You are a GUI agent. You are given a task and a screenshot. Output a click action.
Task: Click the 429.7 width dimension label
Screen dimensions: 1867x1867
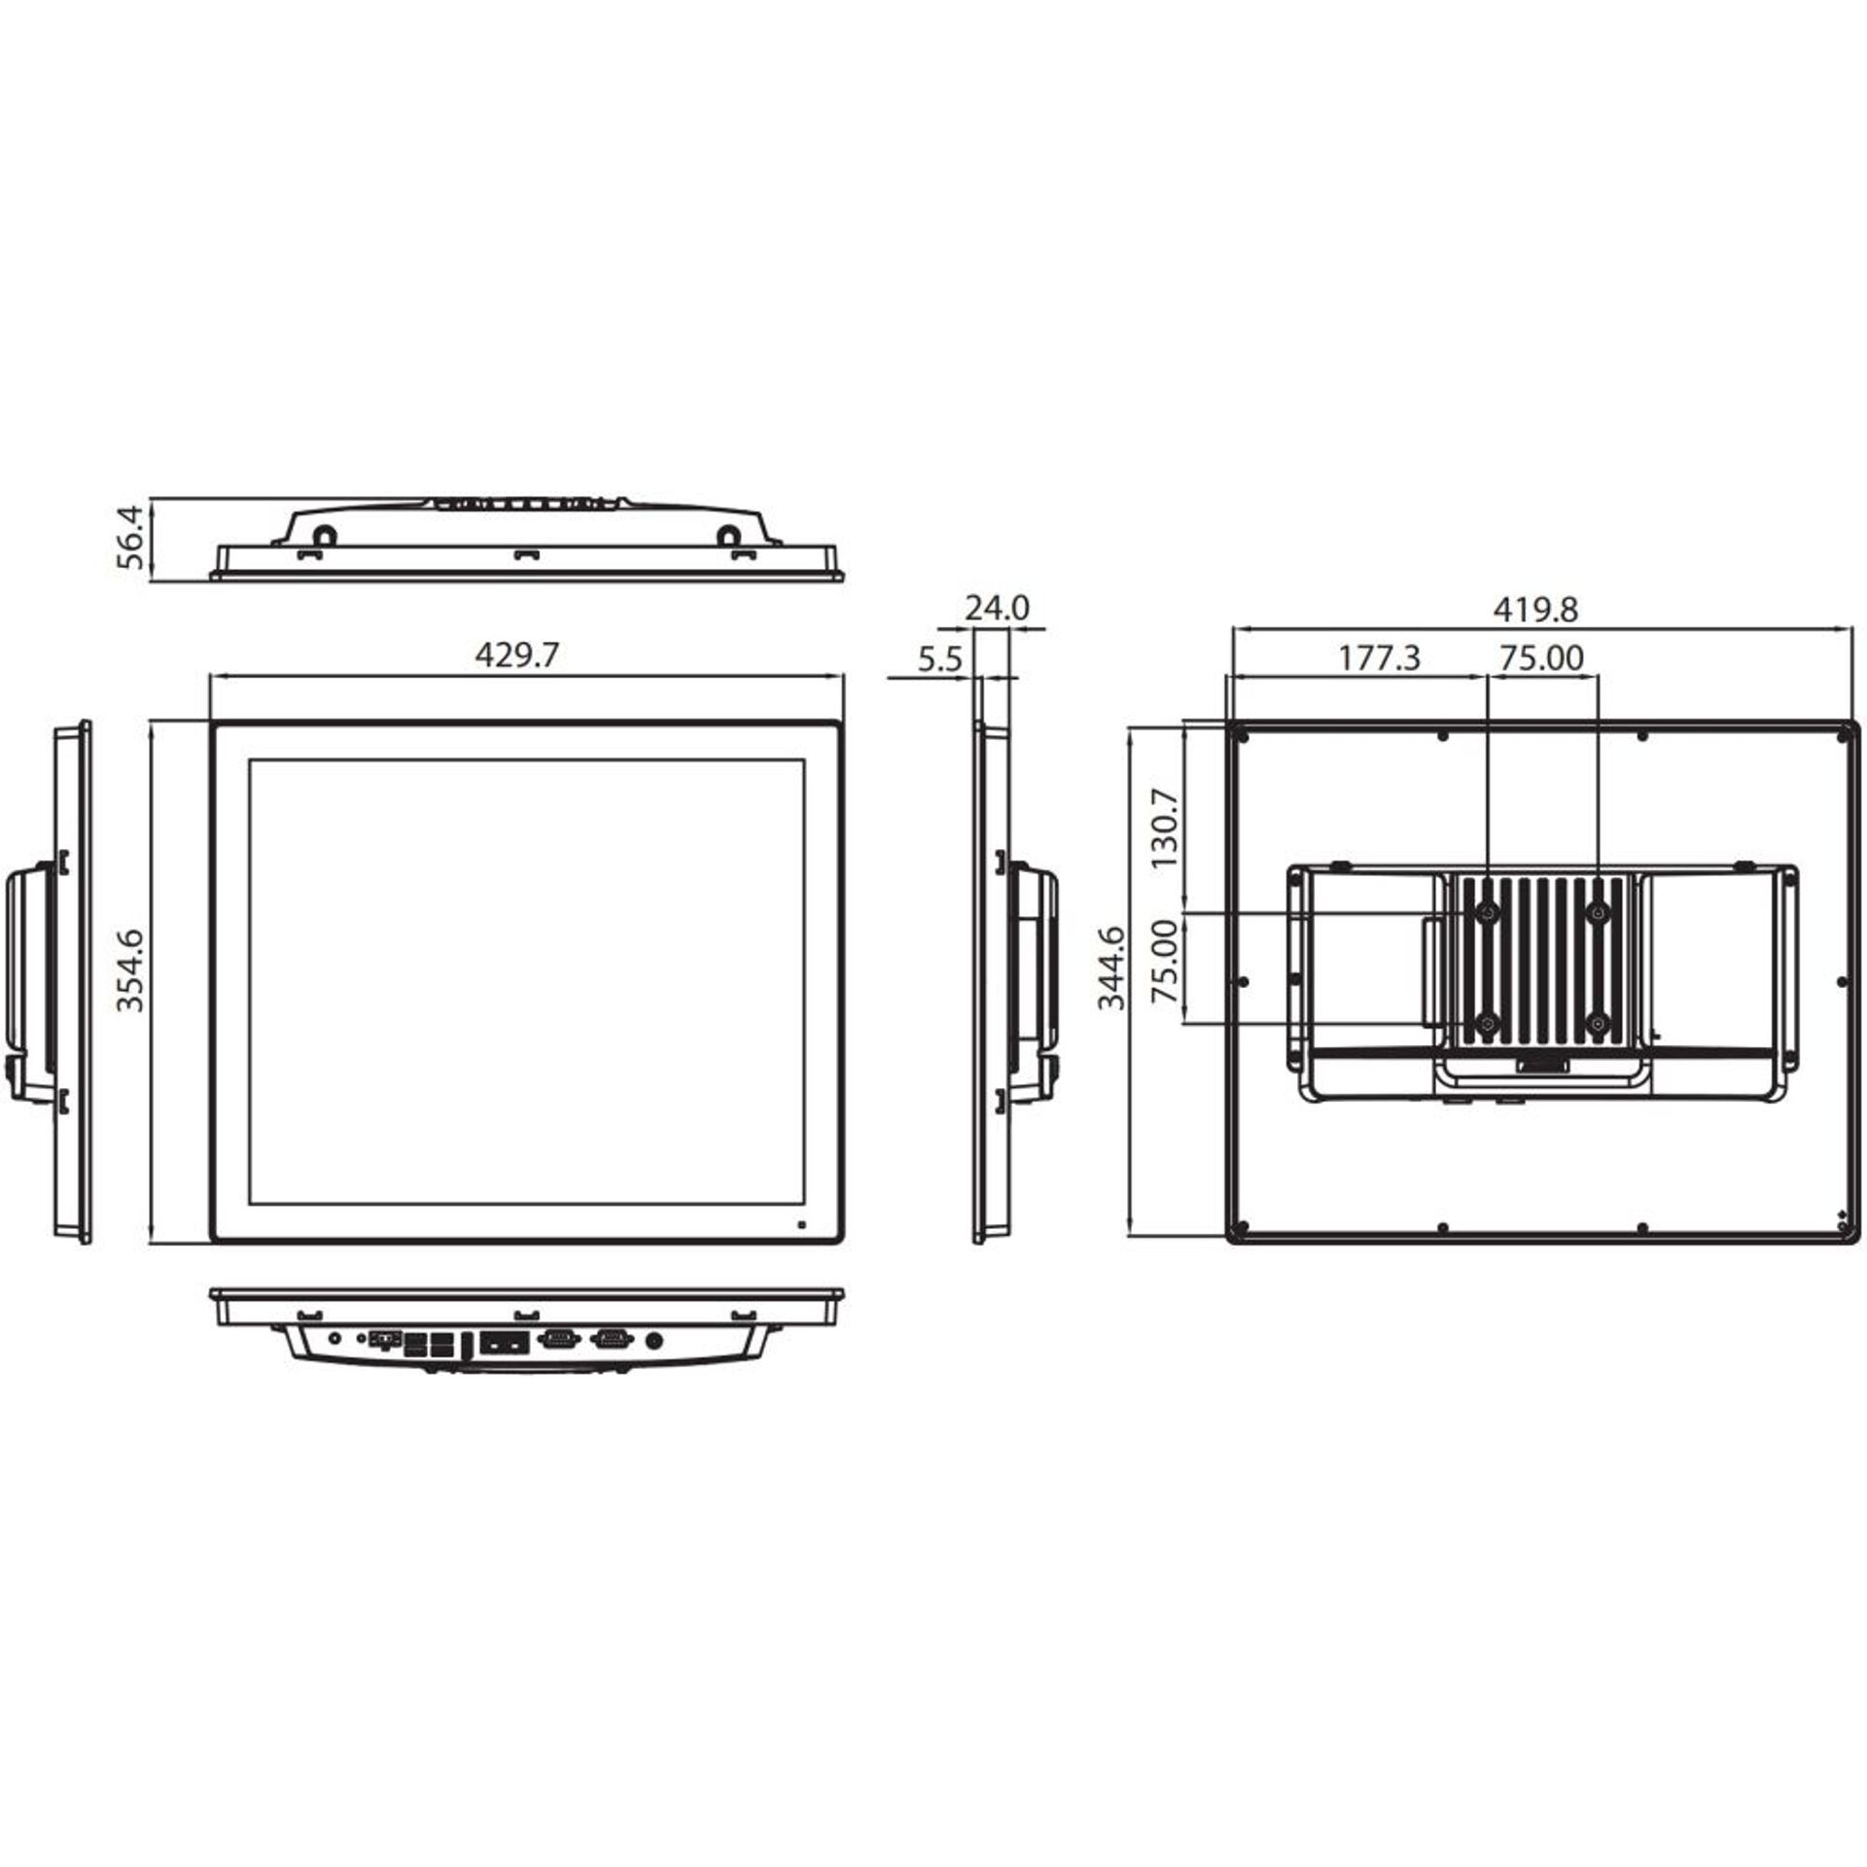[x=516, y=655]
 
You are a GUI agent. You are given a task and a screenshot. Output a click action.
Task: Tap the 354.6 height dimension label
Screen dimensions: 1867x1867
[x=129, y=969]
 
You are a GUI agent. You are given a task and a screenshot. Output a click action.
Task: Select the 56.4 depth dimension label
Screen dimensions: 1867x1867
[x=129, y=537]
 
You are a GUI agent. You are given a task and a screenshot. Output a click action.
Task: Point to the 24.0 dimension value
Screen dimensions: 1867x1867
[x=997, y=608]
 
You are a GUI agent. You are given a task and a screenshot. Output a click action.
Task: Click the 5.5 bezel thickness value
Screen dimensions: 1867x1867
[x=938, y=660]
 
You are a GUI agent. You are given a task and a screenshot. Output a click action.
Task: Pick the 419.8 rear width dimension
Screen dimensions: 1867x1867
[x=1535, y=610]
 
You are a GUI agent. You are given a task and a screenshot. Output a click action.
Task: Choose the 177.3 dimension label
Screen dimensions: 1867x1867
[x=1380, y=658]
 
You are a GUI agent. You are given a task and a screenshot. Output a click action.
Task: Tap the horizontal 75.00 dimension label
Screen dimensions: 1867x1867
[x=1541, y=658]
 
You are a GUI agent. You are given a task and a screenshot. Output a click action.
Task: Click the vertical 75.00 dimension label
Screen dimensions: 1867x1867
[x=1164, y=963]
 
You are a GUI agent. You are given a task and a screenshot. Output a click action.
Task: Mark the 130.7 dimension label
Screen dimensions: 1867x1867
[x=1164, y=828]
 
